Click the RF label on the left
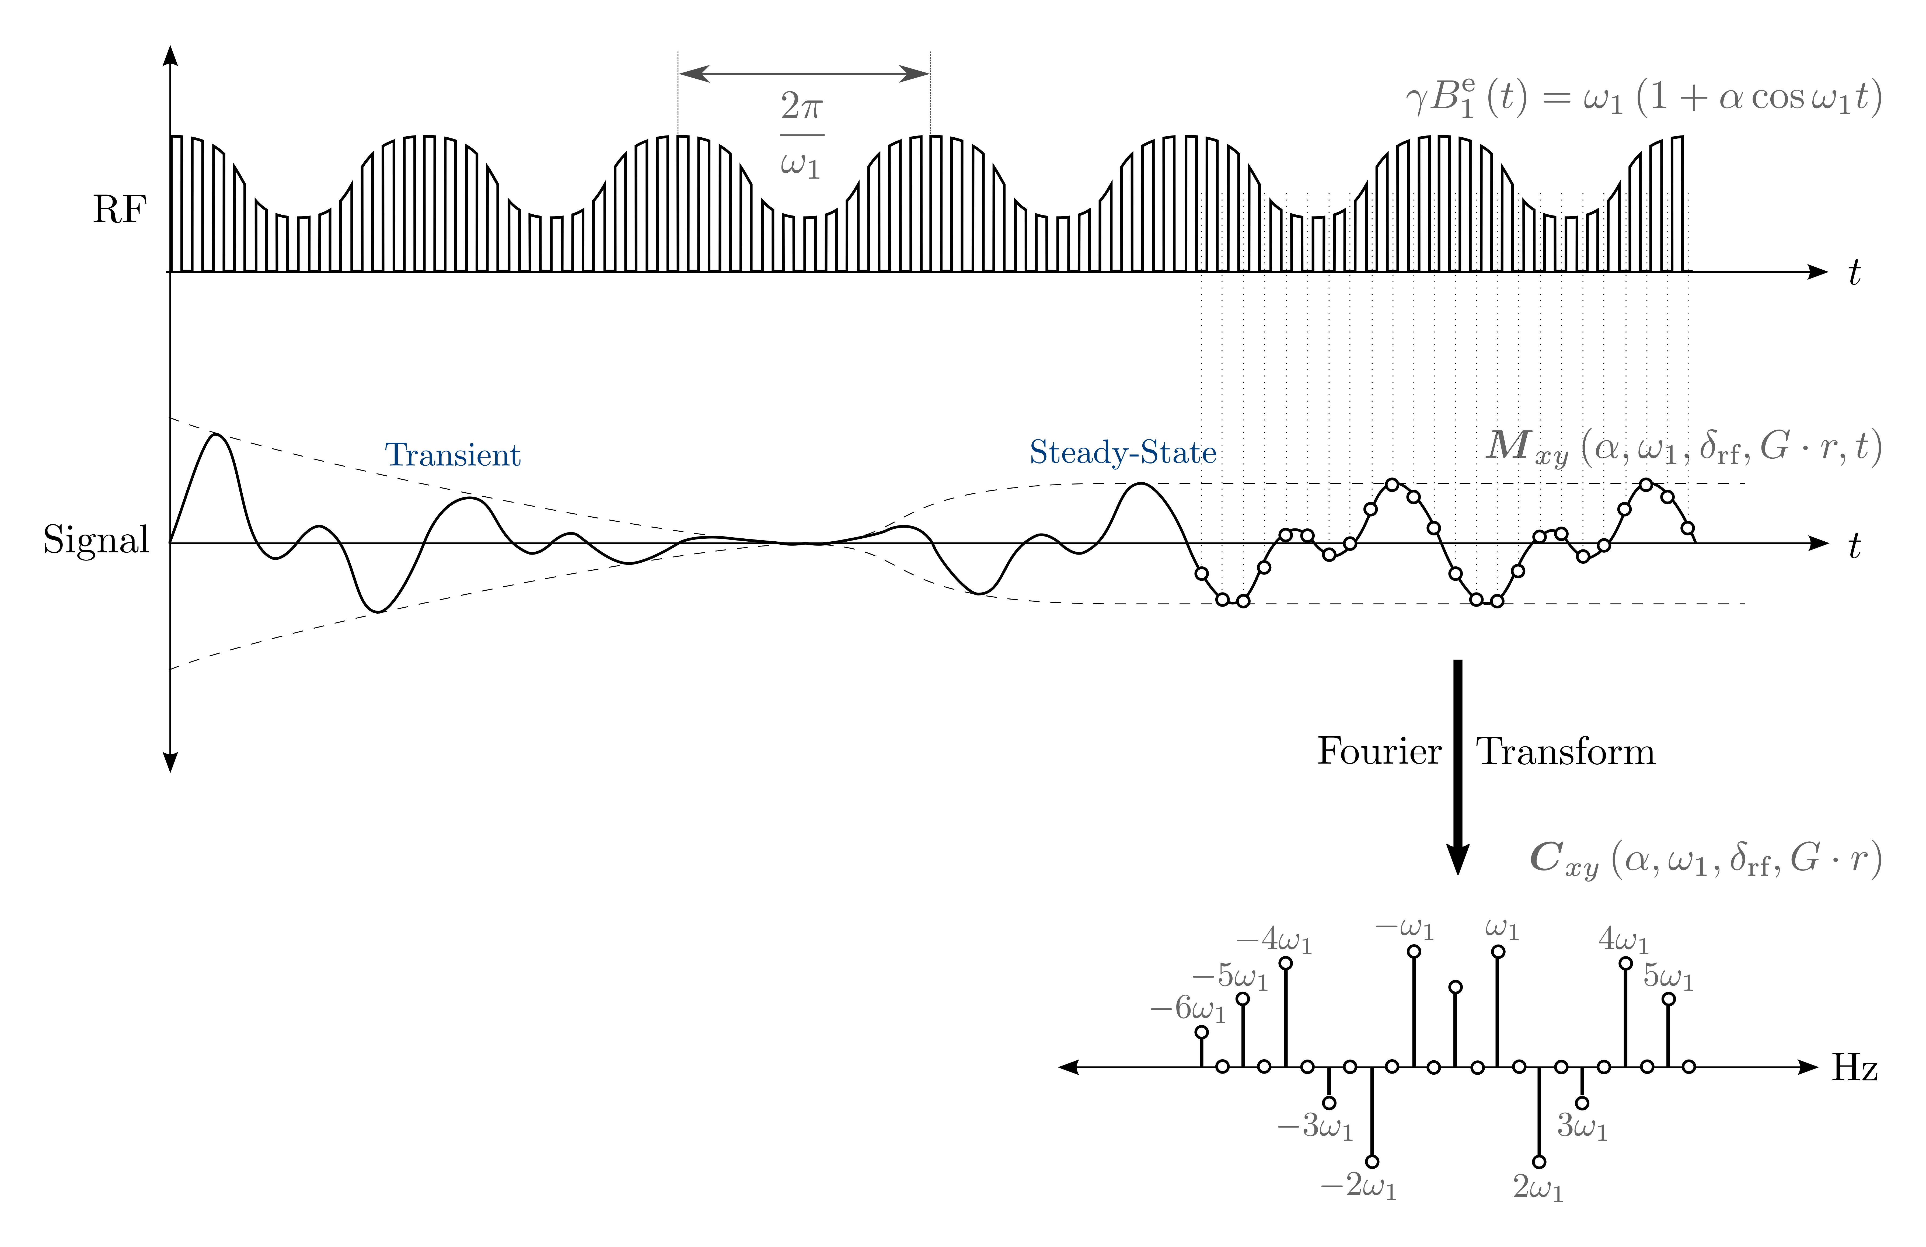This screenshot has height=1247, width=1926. [119, 210]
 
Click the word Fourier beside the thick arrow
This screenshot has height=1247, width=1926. [1379, 752]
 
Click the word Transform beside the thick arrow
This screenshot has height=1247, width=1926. [1566, 752]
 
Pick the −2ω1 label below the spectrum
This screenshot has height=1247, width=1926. [1359, 1186]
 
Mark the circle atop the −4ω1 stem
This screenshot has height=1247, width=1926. [1285, 963]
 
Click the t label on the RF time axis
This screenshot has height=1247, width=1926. [1855, 274]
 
